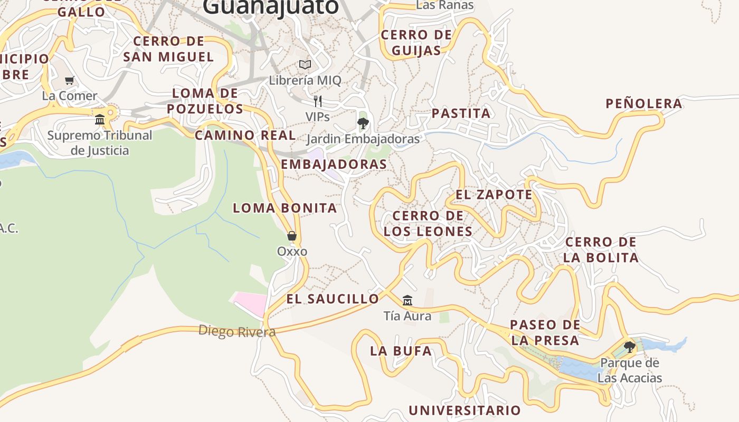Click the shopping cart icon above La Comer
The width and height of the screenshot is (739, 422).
(x=69, y=81)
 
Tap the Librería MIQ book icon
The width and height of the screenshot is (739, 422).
(x=305, y=65)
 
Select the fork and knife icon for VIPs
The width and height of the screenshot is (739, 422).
(x=318, y=101)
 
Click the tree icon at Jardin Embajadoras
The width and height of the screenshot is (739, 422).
(x=363, y=124)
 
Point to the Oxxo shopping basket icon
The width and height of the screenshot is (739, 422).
(x=291, y=236)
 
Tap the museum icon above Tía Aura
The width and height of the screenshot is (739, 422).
(x=407, y=301)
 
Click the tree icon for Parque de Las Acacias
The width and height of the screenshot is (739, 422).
(x=629, y=347)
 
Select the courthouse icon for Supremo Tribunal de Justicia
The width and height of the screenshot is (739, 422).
(x=100, y=120)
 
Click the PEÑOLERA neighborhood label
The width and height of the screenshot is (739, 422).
(x=643, y=103)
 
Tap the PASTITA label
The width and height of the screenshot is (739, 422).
(x=461, y=113)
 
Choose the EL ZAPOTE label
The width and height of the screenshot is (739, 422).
(x=494, y=194)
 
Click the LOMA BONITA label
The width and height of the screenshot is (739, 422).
(x=285, y=208)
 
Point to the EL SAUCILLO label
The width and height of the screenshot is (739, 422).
(x=333, y=299)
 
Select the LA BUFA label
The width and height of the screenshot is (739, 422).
(x=401, y=351)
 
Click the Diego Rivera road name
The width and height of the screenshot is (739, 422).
(x=237, y=331)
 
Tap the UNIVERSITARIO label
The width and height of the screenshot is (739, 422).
(x=465, y=410)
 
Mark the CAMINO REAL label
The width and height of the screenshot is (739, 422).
(x=245, y=135)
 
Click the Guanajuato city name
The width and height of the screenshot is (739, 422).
(x=270, y=6)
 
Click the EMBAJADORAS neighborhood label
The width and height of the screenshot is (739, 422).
(x=334, y=164)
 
